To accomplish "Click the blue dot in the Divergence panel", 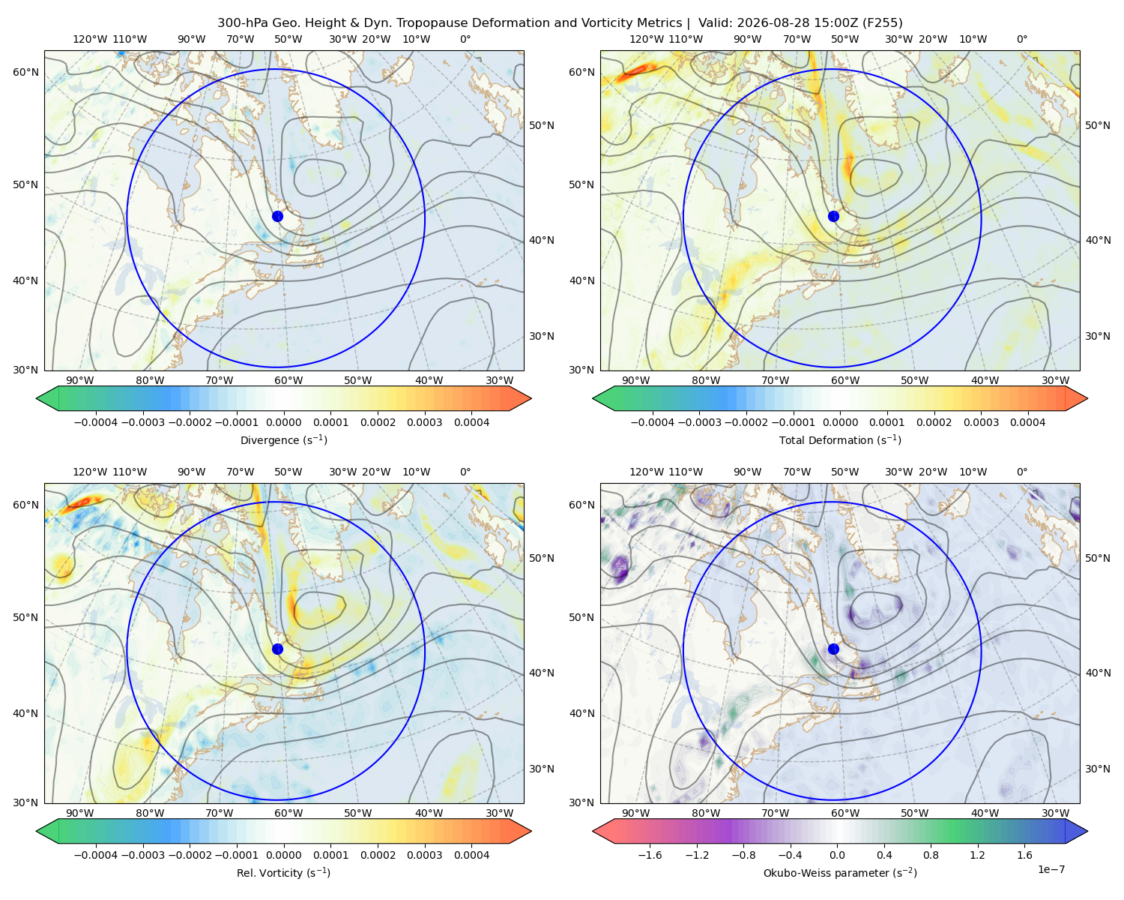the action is click(x=277, y=217).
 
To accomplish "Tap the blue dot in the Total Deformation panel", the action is click(x=833, y=217).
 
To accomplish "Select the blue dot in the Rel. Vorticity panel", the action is click(x=277, y=649).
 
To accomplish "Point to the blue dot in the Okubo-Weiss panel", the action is click(x=833, y=649).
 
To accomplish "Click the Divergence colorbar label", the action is click(x=283, y=439).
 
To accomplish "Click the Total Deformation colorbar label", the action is click(x=840, y=439).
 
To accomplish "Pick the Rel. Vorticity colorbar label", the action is click(x=283, y=873).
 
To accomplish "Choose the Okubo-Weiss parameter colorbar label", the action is click(x=840, y=873).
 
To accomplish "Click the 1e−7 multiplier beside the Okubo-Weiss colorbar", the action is click(x=1051, y=869).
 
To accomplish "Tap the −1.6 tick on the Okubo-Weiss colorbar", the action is click(x=650, y=855).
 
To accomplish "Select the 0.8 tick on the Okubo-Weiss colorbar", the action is click(x=931, y=855).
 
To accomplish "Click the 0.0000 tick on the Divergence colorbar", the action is click(x=283, y=422).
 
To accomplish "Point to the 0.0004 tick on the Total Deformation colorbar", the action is click(x=1028, y=422).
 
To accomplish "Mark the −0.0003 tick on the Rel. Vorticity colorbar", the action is click(x=142, y=855).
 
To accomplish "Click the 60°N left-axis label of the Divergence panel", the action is click(x=25, y=72).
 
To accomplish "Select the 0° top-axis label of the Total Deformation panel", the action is click(x=1022, y=39).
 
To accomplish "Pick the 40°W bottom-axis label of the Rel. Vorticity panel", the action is click(x=429, y=813).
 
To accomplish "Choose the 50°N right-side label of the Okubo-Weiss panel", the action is click(x=1098, y=558).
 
